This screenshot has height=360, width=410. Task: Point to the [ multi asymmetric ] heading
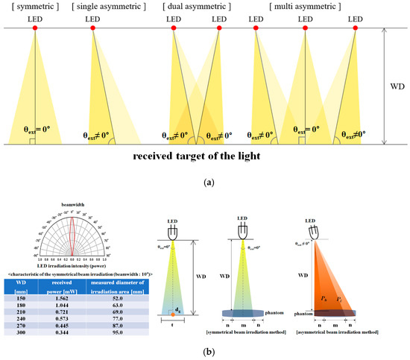click(x=307, y=7)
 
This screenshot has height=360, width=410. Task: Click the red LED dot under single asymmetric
click(x=92, y=28)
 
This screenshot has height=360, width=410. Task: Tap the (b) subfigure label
click(x=204, y=353)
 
